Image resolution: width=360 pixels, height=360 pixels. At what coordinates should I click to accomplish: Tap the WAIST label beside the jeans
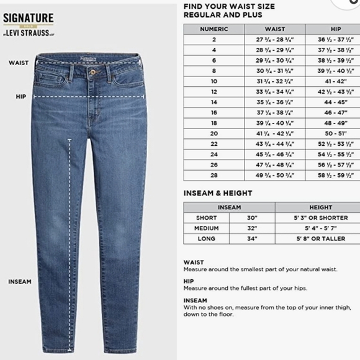[x=18, y=63]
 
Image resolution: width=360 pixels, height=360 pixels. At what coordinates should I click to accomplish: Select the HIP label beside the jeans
[x=20, y=97]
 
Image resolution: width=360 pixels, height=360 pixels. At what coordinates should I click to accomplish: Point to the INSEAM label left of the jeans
[x=19, y=282]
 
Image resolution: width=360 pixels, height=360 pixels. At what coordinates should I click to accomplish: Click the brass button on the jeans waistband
[x=94, y=71]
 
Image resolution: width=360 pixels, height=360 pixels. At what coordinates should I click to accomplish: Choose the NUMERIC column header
[x=214, y=29]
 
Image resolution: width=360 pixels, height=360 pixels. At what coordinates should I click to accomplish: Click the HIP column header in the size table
[x=336, y=29]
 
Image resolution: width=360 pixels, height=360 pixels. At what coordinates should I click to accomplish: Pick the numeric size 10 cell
[x=214, y=81]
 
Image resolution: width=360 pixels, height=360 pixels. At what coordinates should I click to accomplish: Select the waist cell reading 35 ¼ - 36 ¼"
[x=274, y=102]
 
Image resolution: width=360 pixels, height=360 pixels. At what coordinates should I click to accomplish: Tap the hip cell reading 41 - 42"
[x=336, y=81]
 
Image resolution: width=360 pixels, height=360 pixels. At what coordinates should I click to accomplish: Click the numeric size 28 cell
[x=214, y=175]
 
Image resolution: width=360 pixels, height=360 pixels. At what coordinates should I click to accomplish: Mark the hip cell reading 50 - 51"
[x=336, y=133]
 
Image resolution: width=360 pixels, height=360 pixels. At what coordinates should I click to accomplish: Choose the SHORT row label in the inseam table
[x=206, y=218]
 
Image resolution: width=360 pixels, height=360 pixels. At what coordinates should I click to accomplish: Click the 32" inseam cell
[x=251, y=228]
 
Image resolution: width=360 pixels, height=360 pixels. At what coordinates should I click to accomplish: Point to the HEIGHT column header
[x=320, y=207]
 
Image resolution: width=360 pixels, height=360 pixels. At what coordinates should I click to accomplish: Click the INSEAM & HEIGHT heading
[x=218, y=193]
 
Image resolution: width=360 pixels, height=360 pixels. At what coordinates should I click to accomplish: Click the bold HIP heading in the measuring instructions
[x=188, y=281]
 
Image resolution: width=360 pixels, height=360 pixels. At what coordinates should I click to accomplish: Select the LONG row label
[x=206, y=238]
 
